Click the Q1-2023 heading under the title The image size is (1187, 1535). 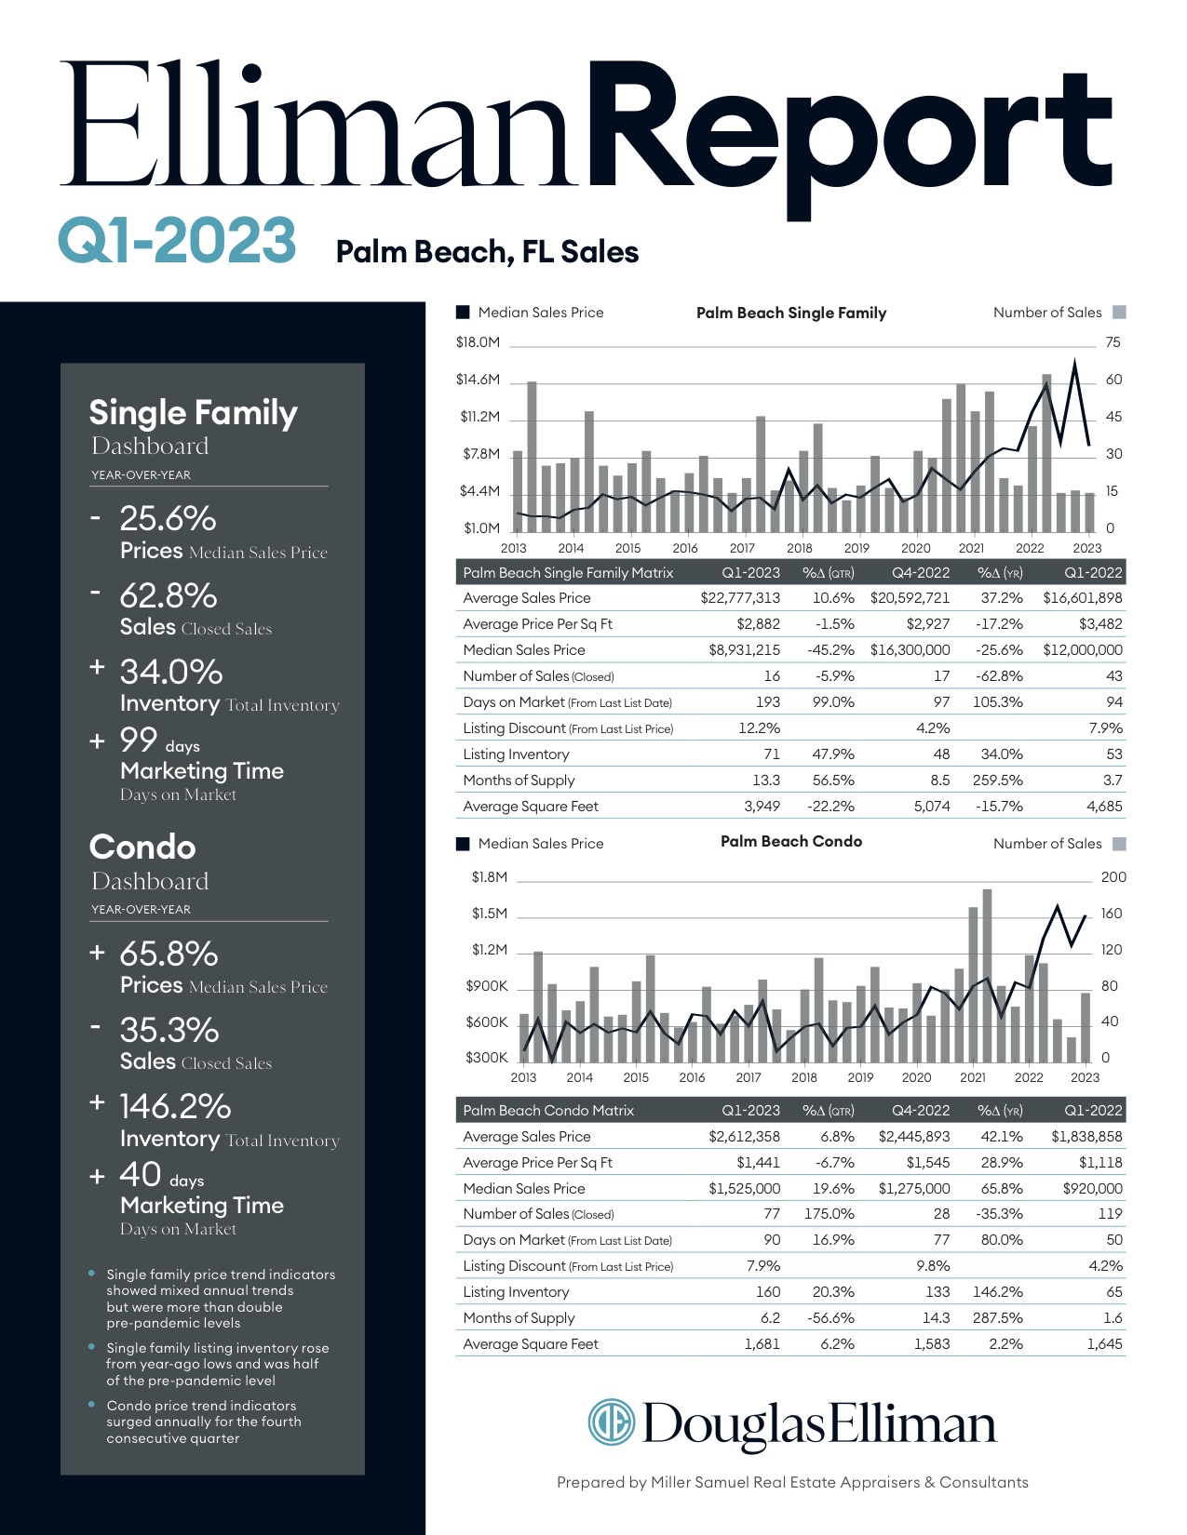[177, 240]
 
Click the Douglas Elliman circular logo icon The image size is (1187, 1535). [611, 1422]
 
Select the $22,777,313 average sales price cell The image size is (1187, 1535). [740, 598]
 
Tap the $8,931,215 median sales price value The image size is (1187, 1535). [744, 650]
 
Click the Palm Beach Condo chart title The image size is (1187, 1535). [791, 842]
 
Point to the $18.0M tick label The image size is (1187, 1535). [478, 342]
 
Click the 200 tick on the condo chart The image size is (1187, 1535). [1113, 877]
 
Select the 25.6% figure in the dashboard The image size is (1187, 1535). [168, 518]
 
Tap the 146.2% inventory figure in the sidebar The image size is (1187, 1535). [175, 1106]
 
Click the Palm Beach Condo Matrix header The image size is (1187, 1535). [548, 1111]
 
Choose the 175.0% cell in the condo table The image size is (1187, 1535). [829, 1214]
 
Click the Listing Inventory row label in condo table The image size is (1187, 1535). [516, 1292]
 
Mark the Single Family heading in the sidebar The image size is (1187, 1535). [193, 413]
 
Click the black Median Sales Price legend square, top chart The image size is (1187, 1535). [463, 313]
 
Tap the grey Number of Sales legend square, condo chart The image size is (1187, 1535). [1120, 844]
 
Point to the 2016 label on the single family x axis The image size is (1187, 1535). [685, 549]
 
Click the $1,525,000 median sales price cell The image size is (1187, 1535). [744, 1189]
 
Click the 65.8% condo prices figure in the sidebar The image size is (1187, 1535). [169, 954]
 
